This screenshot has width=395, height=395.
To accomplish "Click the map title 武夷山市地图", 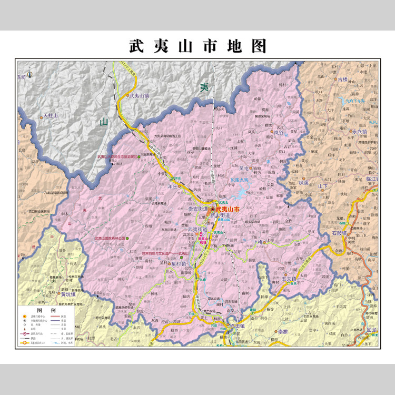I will coord(197,46).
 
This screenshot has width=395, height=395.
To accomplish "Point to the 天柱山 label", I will coord(51,116).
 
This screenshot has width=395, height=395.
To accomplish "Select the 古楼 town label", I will coord(343,80).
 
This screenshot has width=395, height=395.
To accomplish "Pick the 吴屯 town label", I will coord(248,169).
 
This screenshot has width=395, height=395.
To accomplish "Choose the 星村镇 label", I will coord(179,263).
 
